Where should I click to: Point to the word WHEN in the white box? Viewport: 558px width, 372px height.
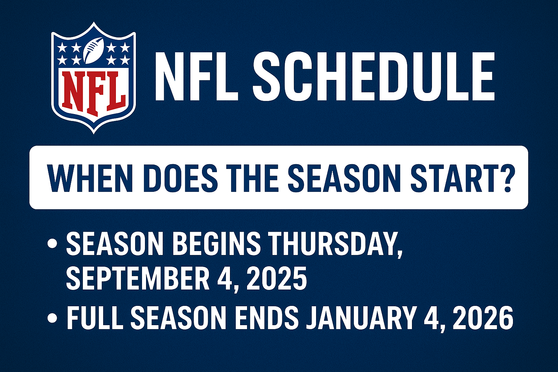(90, 177)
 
